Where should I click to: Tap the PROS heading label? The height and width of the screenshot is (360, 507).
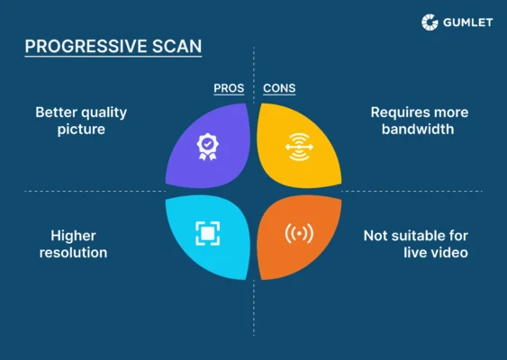228,89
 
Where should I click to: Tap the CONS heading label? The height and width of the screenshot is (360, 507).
278,89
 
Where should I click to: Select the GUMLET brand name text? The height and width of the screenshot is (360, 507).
467,22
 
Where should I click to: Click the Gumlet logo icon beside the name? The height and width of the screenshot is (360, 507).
430,22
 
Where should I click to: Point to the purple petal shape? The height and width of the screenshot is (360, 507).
210,147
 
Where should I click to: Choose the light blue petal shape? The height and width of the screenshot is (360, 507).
210,235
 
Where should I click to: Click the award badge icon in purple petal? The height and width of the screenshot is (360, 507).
207,146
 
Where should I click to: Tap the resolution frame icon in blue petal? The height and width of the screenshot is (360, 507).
207,234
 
